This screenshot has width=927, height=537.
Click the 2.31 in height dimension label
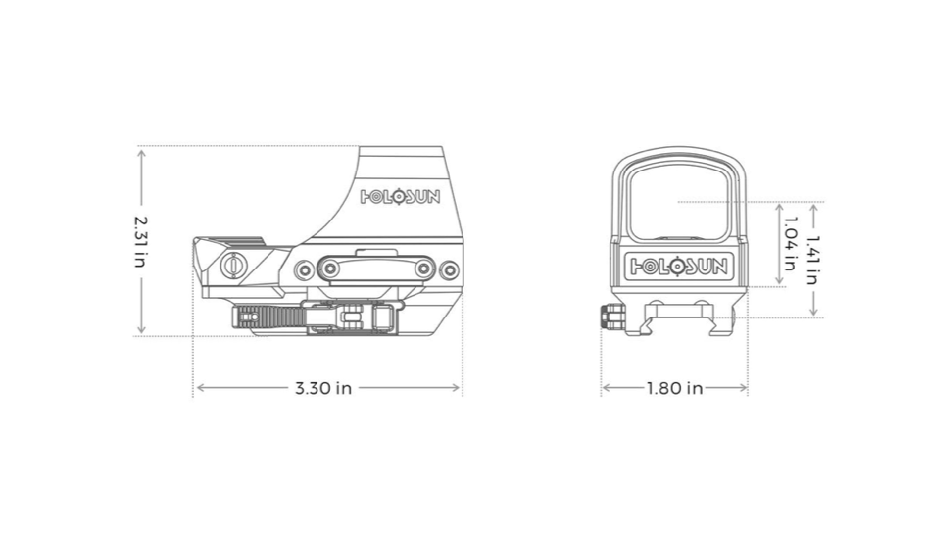[141, 241]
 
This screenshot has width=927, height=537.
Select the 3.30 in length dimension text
[323, 388]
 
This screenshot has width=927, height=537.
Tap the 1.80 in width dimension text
[674, 388]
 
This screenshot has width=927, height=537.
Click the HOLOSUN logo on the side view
[400, 196]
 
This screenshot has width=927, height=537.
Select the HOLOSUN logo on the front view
[678, 265]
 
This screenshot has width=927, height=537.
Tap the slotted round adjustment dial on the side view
[235, 264]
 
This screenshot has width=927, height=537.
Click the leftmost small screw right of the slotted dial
[305, 268]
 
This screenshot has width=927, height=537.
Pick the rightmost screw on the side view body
[449, 268]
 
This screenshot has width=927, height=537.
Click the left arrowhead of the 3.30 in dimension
[200, 388]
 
